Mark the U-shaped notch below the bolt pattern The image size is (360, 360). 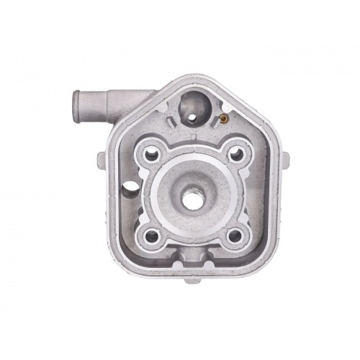191,251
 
